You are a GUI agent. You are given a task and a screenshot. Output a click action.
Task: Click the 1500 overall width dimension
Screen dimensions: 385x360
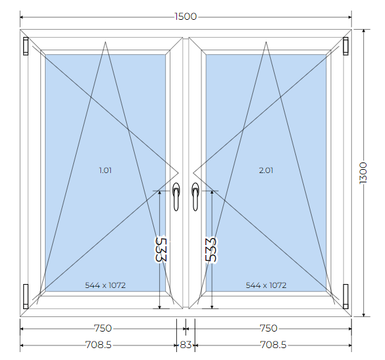186,17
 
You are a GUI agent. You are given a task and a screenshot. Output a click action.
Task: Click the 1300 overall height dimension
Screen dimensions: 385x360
363,172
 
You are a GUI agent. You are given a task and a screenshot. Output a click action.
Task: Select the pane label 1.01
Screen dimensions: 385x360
106,170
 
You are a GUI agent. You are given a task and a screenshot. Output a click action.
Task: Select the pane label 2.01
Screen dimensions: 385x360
266,170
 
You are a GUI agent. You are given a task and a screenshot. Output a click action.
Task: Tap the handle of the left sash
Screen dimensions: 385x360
176,196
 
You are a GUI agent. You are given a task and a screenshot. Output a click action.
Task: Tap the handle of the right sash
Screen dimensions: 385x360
195,196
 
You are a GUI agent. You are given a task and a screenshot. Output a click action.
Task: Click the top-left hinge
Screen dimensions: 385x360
26,46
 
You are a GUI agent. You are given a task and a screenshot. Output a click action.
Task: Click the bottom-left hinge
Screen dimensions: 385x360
26,297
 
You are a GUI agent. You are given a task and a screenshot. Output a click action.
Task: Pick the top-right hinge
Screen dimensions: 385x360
346,46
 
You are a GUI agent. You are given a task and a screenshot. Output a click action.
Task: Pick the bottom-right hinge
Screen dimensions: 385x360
346,297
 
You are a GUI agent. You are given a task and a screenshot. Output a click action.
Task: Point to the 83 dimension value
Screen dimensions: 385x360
186,345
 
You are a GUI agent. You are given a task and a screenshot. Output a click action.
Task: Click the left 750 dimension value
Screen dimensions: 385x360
103,328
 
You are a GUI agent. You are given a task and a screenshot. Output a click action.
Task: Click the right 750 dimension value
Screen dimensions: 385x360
269,328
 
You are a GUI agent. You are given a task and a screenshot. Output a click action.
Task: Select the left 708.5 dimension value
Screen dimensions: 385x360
98,345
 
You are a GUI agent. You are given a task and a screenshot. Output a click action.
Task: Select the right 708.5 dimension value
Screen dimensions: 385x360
273,345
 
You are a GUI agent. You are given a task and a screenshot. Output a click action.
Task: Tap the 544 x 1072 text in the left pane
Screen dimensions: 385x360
106,285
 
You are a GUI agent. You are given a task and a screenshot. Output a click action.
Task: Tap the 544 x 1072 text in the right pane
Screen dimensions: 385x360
266,285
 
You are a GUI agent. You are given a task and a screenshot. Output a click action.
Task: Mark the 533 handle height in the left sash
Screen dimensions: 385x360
161,249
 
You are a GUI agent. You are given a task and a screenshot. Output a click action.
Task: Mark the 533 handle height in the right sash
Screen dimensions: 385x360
211,249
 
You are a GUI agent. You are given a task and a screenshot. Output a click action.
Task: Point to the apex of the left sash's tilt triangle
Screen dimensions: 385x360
106,42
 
